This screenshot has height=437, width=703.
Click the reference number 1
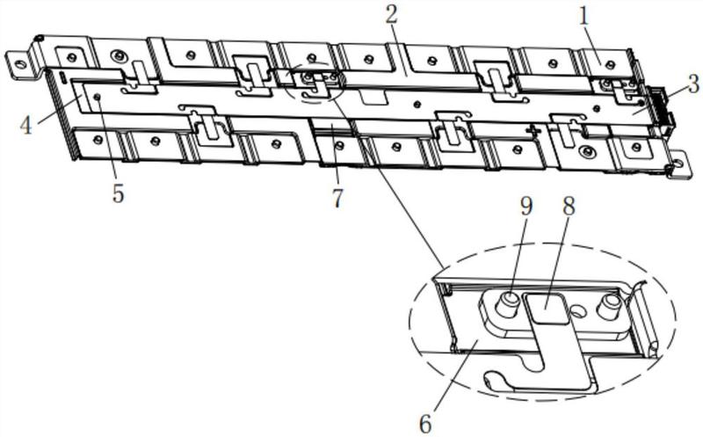(x=583, y=17)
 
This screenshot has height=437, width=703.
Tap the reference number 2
(x=391, y=15)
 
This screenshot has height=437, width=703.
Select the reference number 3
(x=693, y=84)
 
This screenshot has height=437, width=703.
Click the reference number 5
(x=118, y=193)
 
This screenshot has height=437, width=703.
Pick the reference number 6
(x=425, y=423)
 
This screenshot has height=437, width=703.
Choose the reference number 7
(x=337, y=198)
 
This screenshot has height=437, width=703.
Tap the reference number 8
(x=568, y=208)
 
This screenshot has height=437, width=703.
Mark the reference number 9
(x=526, y=207)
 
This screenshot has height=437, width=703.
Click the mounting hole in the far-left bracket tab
(x=18, y=63)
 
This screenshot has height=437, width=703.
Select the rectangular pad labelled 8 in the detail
(x=546, y=308)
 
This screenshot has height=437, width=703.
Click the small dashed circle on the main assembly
(x=315, y=81)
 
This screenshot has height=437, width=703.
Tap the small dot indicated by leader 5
(x=97, y=97)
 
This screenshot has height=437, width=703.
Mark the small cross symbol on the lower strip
(x=533, y=130)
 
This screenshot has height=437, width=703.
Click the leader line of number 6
(x=455, y=378)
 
